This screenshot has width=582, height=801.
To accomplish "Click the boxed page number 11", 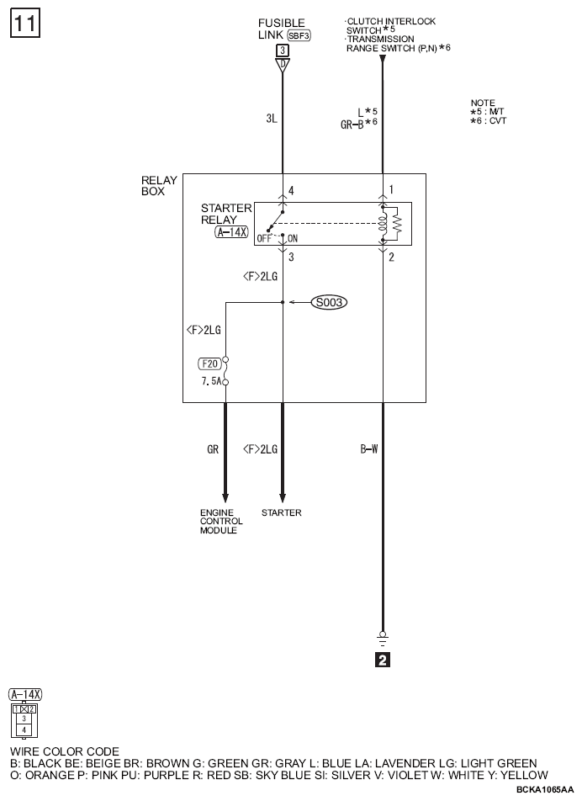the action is [x=24, y=24].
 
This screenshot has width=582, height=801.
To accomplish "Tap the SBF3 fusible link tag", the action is [x=299, y=35].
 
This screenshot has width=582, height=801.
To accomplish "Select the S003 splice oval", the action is [x=330, y=302].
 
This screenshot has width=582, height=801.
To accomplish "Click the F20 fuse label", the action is [x=209, y=363].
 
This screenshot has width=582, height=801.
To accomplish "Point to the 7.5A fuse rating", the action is [x=211, y=381].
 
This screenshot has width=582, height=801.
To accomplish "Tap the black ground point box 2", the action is [x=383, y=660].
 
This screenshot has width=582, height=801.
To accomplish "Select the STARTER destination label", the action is [x=281, y=512].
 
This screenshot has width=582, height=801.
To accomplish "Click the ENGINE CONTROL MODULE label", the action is [x=221, y=522].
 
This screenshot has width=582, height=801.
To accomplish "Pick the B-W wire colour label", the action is [x=369, y=449].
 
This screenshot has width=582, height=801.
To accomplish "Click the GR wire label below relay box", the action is [x=213, y=449].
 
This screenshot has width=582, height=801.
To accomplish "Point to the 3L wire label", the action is [x=272, y=119].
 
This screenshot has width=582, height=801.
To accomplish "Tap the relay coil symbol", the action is [x=383, y=223].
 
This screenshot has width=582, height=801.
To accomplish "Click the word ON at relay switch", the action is [x=293, y=239].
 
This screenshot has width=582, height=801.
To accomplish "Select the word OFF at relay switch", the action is [x=264, y=239].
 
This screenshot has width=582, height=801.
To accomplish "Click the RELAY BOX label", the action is [x=159, y=186].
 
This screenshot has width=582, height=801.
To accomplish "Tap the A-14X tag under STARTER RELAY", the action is [x=232, y=232].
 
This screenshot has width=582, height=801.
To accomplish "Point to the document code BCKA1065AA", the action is [x=545, y=790].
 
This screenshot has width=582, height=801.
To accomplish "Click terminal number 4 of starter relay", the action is [x=291, y=190].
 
